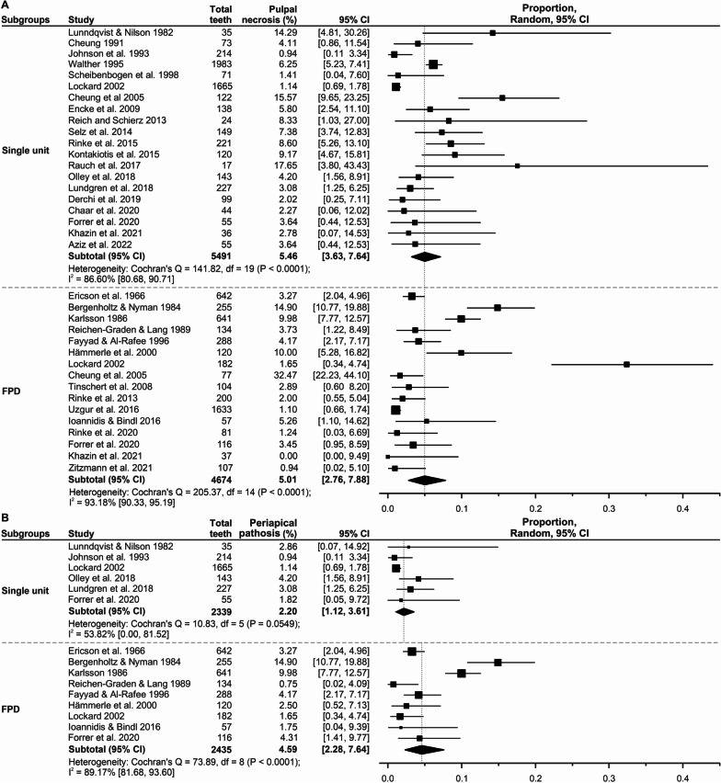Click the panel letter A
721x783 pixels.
point(6,6)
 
